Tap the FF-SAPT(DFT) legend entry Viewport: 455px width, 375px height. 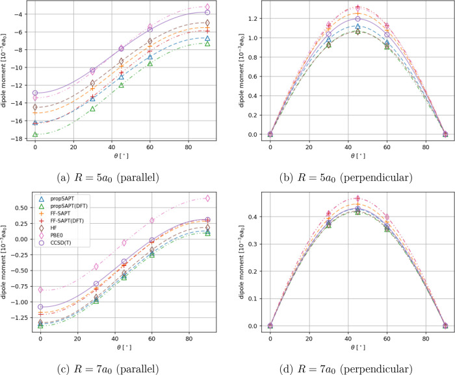[x=68, y=227]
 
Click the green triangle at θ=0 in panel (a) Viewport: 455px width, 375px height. [x=35, y=135]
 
